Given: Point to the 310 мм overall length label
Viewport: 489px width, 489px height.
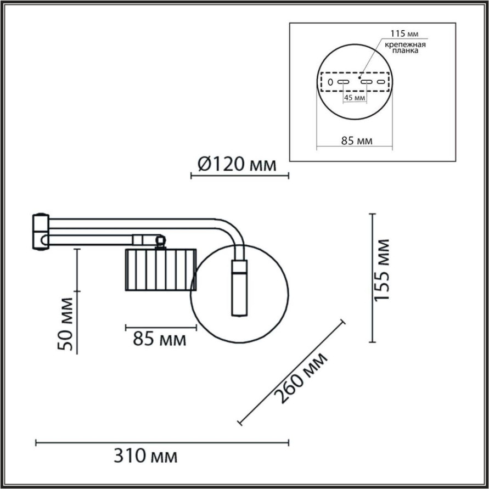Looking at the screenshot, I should click(145, 456).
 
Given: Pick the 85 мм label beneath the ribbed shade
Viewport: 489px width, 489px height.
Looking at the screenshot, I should click(160, 339).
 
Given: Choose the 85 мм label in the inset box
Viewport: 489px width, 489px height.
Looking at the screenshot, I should click(357, 141).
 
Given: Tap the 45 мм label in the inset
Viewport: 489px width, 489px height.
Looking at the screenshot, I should click(354, 98).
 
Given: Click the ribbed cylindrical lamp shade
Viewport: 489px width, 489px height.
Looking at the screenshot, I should click(160, 269).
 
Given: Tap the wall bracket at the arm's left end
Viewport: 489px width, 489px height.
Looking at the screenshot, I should click(41, 232).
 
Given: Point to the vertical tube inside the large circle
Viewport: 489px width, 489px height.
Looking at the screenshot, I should click(239, 288).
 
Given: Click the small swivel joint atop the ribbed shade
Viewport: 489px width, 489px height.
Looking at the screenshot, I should click(160, 241).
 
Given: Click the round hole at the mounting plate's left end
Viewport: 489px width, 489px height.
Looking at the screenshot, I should click(330, 82).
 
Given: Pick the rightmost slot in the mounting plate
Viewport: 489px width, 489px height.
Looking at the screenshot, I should click(380, 82).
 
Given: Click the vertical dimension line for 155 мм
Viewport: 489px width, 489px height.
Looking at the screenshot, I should click(373, 278).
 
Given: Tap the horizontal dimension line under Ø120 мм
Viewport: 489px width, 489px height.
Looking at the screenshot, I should click(239, 176).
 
